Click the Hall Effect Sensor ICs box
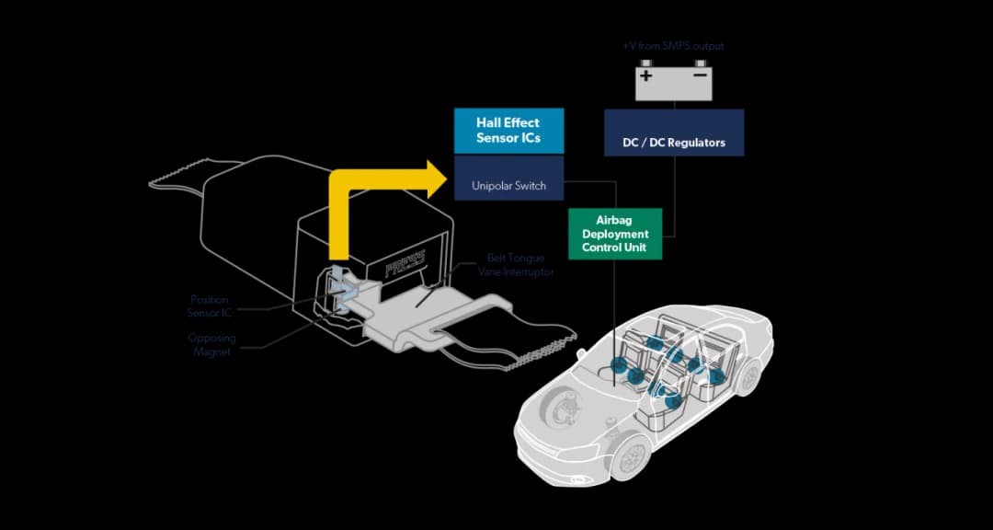coord(508,131)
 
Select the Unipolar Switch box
coord(508,185)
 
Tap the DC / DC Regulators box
coord(674,143)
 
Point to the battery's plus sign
coord(646,75)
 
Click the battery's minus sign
coord(701,75)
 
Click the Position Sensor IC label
coord(210,305)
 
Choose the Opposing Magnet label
coord(212,344)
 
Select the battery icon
coord(673,81)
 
